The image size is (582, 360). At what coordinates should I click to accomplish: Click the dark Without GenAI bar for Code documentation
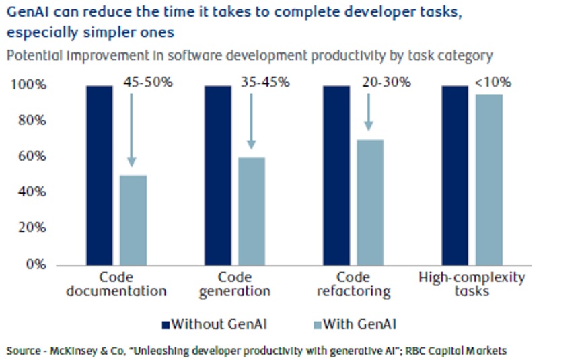[x=100, y=175]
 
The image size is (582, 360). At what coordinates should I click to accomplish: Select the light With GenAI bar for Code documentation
[x=133, y=219]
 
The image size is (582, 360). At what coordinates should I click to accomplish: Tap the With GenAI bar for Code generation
[x=251, y=211]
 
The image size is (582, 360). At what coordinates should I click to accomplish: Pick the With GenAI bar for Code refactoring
[x=369, y=202]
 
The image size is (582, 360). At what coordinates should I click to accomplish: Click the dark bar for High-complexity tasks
[x=455, y=175]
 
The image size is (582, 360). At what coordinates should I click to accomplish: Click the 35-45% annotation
[x=264, y=83]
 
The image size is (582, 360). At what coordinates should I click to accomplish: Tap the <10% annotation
[x=494, y=83]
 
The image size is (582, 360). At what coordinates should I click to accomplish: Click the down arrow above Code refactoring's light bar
[x=368, y=111]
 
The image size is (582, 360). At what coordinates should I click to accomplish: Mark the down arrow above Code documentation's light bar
[x=132, y=128]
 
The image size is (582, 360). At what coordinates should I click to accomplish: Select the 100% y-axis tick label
[x=29, y=85]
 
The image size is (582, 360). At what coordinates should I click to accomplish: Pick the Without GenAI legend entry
[x=214, y=324]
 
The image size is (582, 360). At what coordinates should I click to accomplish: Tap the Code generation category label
[x=235, y=284]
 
